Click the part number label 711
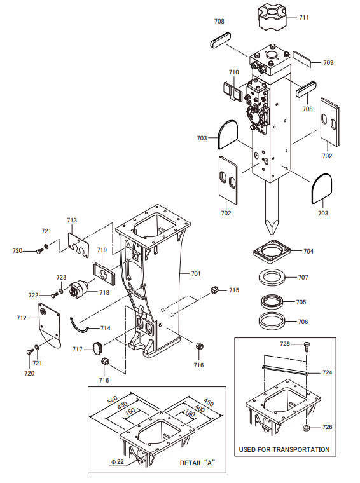tap(303, 17)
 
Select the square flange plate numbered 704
tap(272, 252)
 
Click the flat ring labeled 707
tap(272, 277)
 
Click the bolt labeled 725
tap(307, 346)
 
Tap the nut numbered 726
tap(307, 428)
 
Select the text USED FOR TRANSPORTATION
tap(284, 449)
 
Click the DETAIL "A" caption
tap(197, 463)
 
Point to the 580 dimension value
tap(113, 400)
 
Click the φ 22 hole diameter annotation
tap(118, 461)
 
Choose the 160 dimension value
tap(130, 411)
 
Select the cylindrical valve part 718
tap(78, 289)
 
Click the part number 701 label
tap(195, 273)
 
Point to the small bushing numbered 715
tap(214, 290)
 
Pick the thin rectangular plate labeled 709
tap(301, 59)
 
